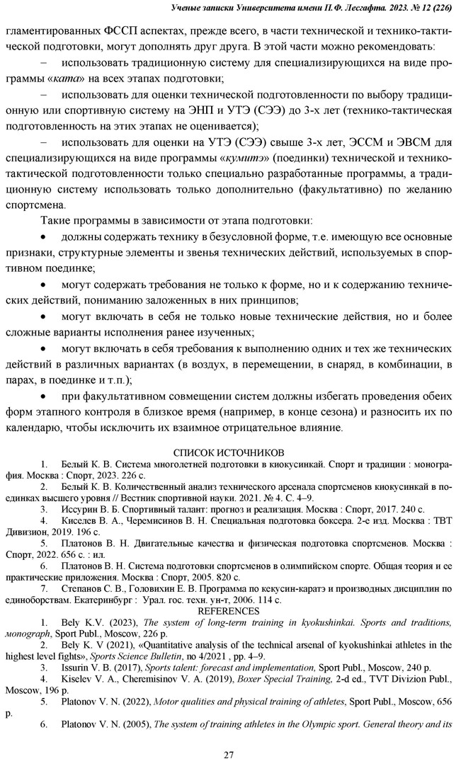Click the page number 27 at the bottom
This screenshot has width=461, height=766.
click(x=229, y=755)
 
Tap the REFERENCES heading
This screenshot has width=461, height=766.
click(x=229, y=611)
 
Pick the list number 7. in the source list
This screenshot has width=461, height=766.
click(x=44, y=588)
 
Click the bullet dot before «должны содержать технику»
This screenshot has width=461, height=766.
click(x=46, y=237)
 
